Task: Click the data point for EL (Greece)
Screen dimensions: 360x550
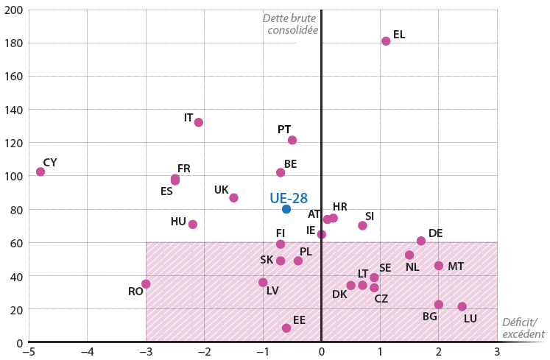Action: (x=386, y=41)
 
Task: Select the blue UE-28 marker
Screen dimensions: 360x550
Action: (x=286, y=209)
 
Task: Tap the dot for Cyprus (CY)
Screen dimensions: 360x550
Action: (x=40, y=172)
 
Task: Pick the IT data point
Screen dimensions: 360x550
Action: (x=199, y=122)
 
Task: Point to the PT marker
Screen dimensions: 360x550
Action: (x=292, y=140)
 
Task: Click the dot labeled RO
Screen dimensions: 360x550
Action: (x=146, y=284)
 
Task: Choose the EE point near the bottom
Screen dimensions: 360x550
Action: (x=286, y=328)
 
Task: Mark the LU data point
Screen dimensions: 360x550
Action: (x=462, y=306)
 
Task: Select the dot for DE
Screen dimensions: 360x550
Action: (x=421, y=241)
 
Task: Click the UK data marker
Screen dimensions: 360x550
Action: (x=233, y=198)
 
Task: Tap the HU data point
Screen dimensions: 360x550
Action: (x=193, y=225)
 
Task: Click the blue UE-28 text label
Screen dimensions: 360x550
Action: (x=288, y=197)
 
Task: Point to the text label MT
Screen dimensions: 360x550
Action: (x=456, y=267)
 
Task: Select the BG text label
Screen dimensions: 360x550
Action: (x=430, y=317)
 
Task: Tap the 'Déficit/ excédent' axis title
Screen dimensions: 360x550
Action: (x=523, y=328)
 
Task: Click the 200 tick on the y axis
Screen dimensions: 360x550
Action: (x=14, y=10)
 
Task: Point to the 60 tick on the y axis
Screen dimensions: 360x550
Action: (x=17, y=243)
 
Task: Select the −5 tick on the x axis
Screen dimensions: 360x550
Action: (x=28, y=351)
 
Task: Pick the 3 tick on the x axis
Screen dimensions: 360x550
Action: (x=497, y=351)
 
